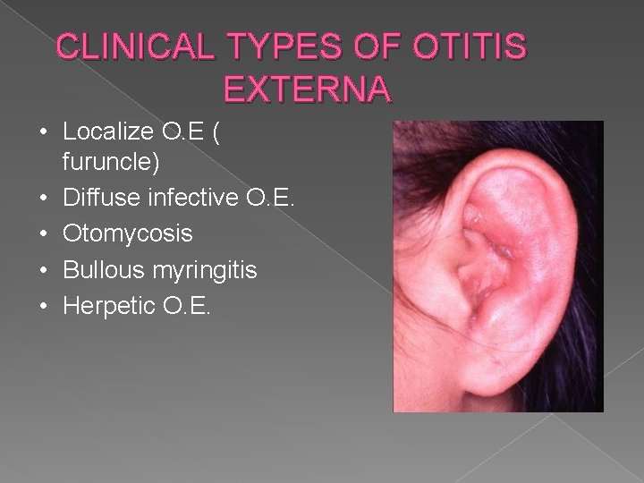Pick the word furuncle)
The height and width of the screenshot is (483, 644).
point(108,164)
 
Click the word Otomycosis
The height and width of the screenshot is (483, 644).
point(128,233)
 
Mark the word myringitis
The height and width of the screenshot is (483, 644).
point(201,269)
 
